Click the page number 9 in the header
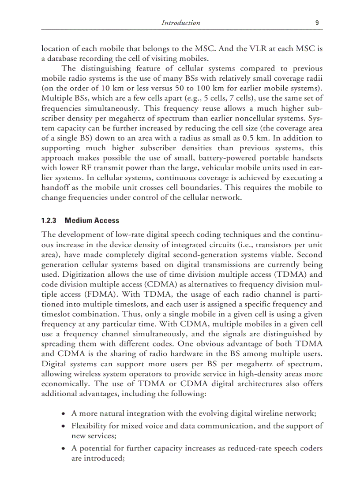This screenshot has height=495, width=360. coord(318,22)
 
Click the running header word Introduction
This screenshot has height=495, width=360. coord(180,22)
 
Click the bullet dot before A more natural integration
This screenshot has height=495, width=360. coord(64,414)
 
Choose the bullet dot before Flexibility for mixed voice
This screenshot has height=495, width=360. coord(64,426)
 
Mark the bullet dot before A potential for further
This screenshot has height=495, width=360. coord(64,449)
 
